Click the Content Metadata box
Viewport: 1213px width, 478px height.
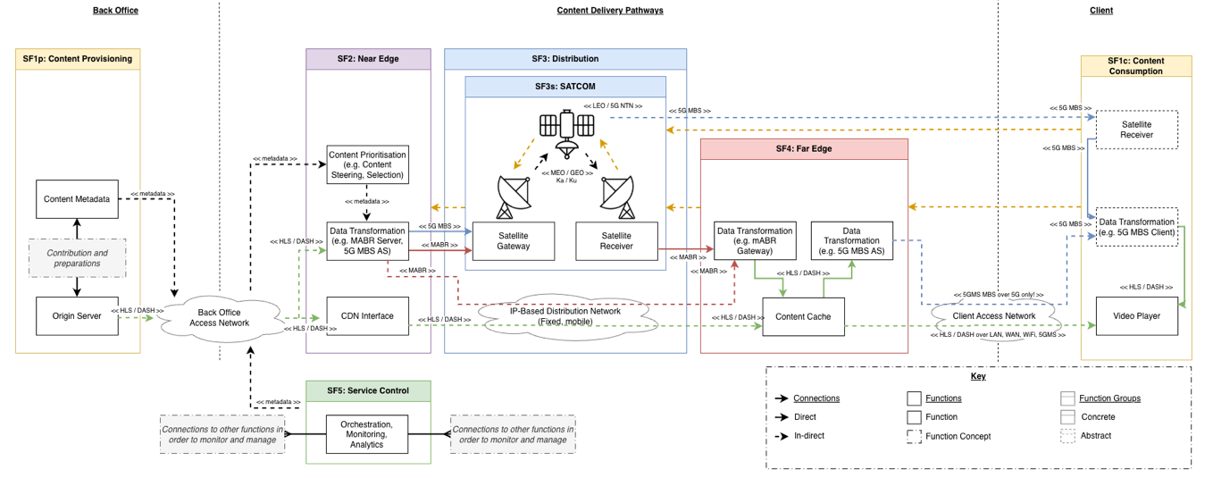77,198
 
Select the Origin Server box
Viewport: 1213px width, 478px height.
77,316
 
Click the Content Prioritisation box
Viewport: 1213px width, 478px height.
367,164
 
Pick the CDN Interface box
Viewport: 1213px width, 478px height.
367,316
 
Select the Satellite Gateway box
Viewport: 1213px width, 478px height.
513,240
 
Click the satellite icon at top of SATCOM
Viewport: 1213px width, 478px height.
565,133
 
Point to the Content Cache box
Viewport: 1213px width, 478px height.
802,316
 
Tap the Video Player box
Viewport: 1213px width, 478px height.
1136,316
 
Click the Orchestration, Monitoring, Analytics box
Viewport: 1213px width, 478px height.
367,433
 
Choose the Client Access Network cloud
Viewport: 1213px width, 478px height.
993,315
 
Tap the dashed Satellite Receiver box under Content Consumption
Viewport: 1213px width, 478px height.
1136,130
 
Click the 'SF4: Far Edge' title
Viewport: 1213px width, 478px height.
803,148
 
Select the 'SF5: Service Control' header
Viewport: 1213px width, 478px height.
367,390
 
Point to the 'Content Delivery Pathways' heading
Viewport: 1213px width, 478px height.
609,11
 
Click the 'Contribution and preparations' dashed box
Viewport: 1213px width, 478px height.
77,257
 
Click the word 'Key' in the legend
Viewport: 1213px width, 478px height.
977,376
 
